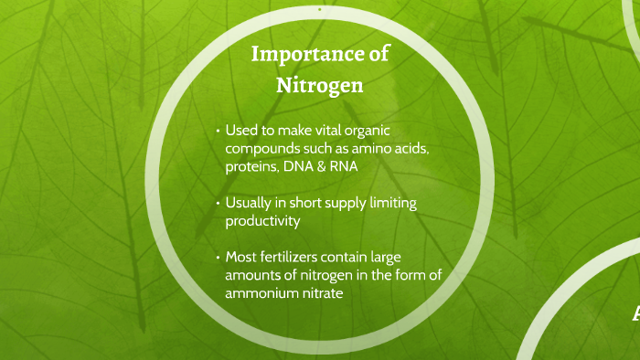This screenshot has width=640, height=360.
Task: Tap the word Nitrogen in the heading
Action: [x=320, y=86]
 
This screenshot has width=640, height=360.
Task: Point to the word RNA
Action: [x=343, y=166]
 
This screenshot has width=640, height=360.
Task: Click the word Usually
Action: [x=251, y=204]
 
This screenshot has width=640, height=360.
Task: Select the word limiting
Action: [x=391, y=204]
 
